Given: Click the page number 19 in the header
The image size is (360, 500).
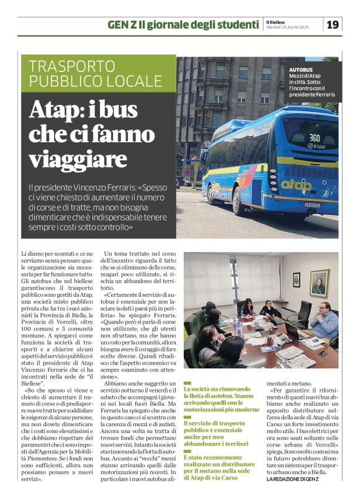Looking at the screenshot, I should coord(333,24).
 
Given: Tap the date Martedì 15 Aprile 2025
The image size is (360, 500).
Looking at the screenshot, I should coord(286,28).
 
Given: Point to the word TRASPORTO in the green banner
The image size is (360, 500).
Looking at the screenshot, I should coord(71,66).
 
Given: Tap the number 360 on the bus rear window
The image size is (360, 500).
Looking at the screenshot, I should coord(314,137).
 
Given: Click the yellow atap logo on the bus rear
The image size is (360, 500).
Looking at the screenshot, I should coord(297,184).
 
